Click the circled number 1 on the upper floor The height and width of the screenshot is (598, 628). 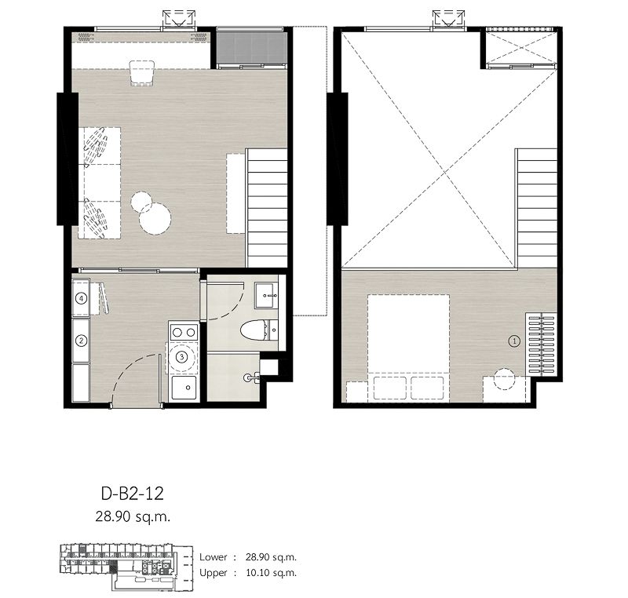coord(514,341)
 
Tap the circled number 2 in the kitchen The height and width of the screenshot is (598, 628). coord(81,341)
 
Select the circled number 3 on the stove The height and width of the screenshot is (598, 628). coord(182,356)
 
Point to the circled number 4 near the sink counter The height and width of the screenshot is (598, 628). coord(81,298)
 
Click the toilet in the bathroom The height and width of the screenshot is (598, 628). coord(254,330)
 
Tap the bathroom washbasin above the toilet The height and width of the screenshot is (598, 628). coord(267,296)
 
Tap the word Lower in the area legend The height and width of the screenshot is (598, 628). coord(214,557)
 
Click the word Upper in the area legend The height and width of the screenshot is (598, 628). coord(214,573)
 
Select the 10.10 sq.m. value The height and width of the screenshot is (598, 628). coord(275,573)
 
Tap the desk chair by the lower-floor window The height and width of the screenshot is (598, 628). coord(142,73)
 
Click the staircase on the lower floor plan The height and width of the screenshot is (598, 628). coord(267,208)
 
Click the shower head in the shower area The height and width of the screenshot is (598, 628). coord(250,377)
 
